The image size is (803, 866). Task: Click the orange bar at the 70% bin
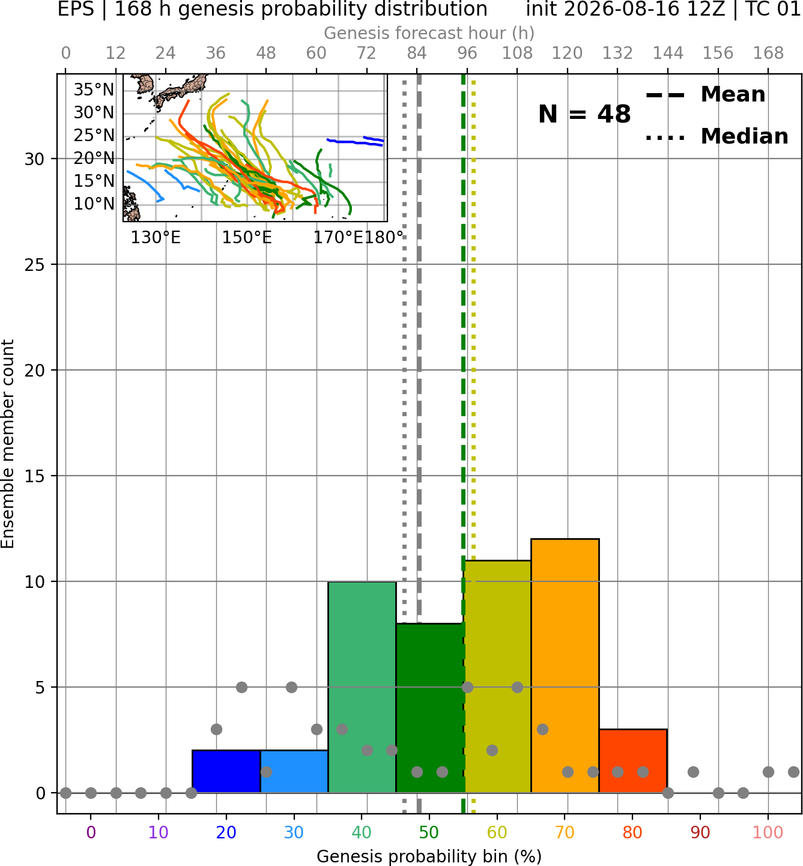point(565,666)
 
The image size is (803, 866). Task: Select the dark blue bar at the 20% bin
point(226,771)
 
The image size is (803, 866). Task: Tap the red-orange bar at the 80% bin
point(633,761)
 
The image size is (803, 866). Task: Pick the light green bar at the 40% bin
point(362,687)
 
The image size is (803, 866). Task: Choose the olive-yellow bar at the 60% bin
point(498,676)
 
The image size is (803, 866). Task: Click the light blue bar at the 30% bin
point(294,771)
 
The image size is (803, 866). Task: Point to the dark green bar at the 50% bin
point(429,708)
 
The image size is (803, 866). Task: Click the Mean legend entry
point(705,95)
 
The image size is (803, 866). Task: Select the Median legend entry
point(717,136)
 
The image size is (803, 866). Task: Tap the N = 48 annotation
point(584,114)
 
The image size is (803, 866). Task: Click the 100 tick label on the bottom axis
point(768,832)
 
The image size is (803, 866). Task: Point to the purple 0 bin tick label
point(91,832)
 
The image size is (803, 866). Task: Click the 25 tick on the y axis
point(35,265)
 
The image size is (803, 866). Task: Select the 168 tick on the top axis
point(769,53)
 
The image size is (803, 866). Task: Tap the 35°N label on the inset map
point(93,90)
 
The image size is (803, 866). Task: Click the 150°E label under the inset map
point(247,238)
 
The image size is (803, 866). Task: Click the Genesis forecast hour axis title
point(429,33)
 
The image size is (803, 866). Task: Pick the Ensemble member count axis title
point(8,444)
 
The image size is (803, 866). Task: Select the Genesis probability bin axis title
point(429,856)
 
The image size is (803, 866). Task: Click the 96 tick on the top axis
point(467,53)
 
